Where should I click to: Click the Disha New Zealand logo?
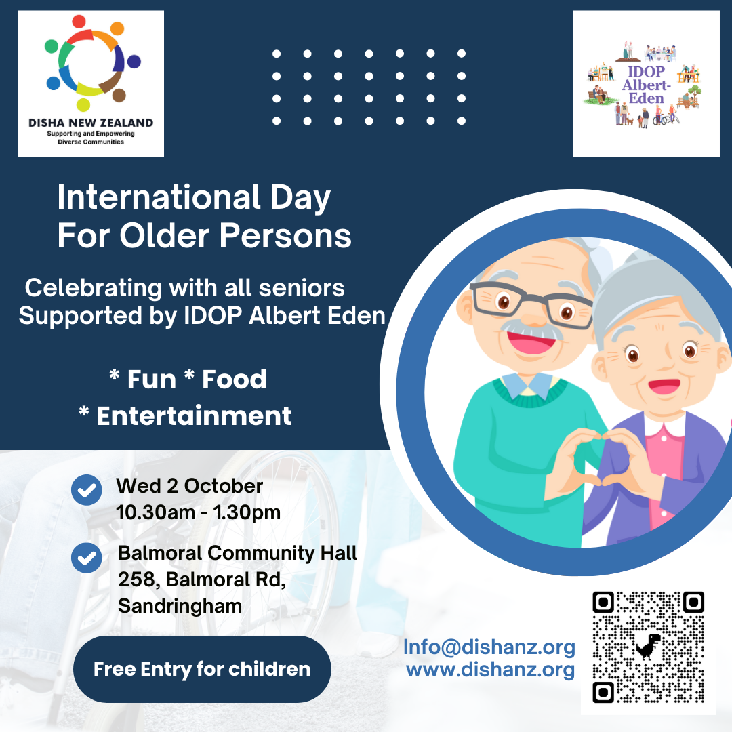91,83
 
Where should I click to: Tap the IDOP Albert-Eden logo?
646,83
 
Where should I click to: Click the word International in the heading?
159,197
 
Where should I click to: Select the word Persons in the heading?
285,235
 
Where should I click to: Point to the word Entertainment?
194,415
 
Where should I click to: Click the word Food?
235,379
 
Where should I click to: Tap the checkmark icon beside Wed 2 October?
87,490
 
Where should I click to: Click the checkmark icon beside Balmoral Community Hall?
87,558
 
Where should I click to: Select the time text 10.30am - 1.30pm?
199,512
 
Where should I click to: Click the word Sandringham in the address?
180,606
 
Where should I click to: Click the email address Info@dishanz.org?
489,647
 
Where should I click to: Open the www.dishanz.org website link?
490,670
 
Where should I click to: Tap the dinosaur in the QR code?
649,646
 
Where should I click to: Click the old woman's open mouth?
664,386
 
